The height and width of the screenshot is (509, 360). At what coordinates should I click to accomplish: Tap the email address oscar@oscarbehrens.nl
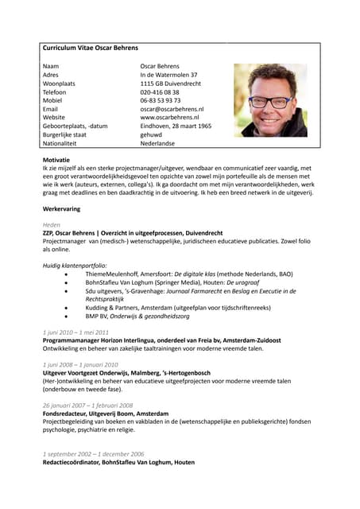pos(172,109)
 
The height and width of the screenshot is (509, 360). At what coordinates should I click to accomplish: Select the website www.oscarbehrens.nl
pos(169,118)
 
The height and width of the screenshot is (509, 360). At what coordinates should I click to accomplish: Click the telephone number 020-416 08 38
pos(160,91)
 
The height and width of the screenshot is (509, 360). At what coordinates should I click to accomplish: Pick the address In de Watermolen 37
pos(168,74)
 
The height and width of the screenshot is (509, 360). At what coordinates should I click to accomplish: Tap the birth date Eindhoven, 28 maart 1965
pos(176,126)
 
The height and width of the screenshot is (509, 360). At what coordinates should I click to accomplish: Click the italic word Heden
pos(52,225)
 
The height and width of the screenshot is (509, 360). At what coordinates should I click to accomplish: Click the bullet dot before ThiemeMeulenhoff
pos(66,274)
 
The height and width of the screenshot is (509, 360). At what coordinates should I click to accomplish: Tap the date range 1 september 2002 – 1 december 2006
pos(91,453)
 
